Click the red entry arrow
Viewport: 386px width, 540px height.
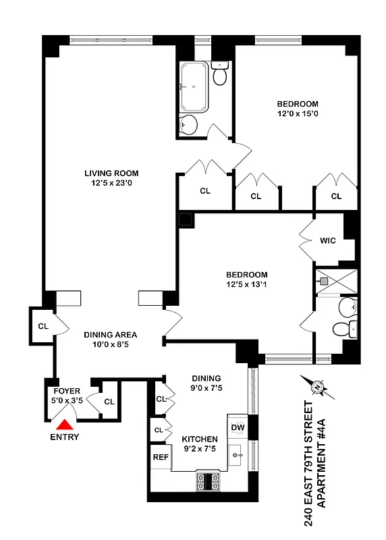pyautogui.click(x=65, y=425)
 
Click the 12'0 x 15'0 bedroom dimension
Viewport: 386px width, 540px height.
pyautogui.click(x=298, y=114)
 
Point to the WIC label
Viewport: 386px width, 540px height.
pyautogui.click(x=328, y=240)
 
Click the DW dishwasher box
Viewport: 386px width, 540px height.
pyautogui.click(x=238, y=427)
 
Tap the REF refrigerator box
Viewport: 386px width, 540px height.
pyautogui.click(x=159, y=457)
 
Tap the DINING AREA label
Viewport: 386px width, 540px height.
pyautogui.click(x=111, y=335)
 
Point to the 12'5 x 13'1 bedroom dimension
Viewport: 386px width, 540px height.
pyautogui.click(x=246, y=286)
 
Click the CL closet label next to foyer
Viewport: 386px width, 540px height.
pyautogui.click(x=109, y=402)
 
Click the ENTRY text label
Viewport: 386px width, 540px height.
pyautogui.click(x=65, y=437)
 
